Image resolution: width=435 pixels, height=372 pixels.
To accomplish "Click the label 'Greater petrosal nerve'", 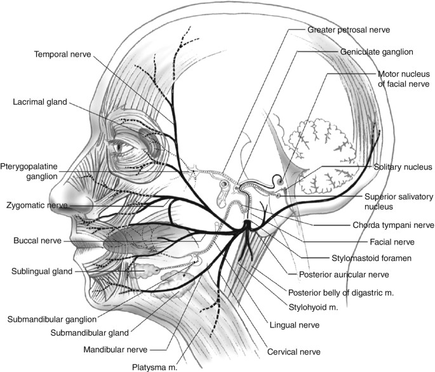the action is tap(348, 30).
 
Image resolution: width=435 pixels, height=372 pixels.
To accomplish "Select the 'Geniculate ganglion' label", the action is tap(377, 51).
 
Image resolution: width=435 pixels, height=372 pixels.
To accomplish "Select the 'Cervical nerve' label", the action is tap(295, 351).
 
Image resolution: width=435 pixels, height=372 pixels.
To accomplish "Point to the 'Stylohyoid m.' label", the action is tap(313, 307).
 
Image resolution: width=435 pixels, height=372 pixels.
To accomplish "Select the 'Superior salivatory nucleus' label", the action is tap(398, 201).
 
